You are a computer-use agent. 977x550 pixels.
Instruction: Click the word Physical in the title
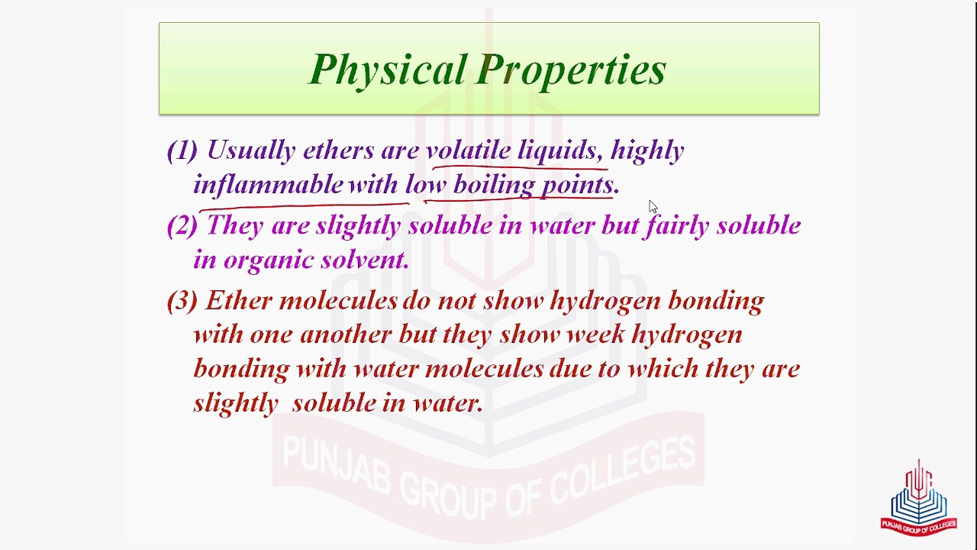[x=387, y=70]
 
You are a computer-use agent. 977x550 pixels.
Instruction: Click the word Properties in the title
[x=572, y=70]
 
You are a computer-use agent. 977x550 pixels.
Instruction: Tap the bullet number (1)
[x=182, y=150]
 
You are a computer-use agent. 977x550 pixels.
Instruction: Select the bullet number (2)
[x=182, y=225]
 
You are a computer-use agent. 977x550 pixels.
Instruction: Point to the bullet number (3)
[x=182, y=300]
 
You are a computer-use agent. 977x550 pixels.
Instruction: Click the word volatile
[x=468, y=150]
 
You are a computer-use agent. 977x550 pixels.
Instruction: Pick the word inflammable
[x=268, y=185]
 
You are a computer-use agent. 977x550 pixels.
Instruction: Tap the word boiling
[x=494, y=185]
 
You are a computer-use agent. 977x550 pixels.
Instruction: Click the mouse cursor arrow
[x=653, y=206]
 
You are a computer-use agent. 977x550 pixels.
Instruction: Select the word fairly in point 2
[x=676, y=226]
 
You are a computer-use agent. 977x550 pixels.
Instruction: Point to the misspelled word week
[x=595, y=334]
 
